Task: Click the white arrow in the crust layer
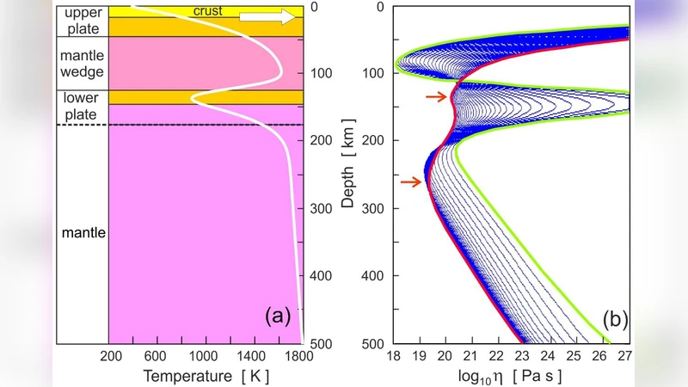tap(267, 16)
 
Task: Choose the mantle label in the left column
tap(82, 232)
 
